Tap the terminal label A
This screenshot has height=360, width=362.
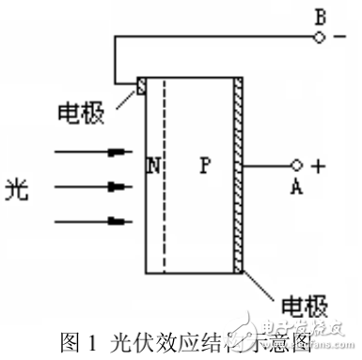[x=296, y=186]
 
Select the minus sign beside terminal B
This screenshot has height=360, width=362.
[x=340, y=38]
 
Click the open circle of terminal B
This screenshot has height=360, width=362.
[x=317, y=38]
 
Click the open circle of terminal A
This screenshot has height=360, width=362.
[x=296, y=165]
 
